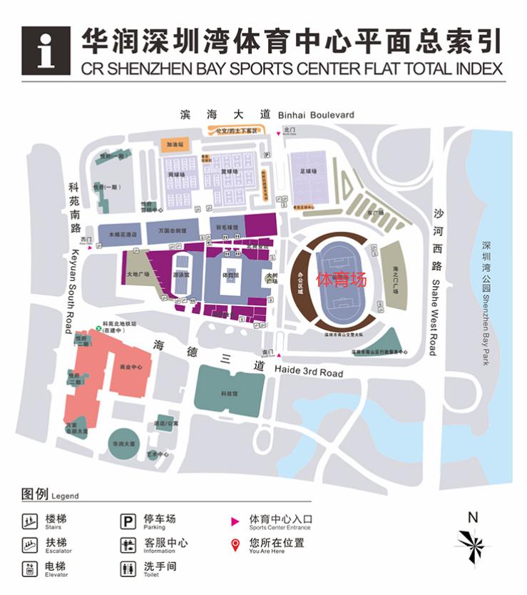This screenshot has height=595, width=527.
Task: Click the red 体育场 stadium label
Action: coord(342,279)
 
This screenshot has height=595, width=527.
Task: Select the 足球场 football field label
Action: coord(308,171)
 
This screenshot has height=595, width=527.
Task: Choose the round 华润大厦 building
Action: coord(123,443)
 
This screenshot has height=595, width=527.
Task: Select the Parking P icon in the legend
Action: coord(128,522)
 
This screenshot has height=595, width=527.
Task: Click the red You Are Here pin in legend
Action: coord(235,546)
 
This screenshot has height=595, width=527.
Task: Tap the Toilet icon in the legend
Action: coord(128,569)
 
